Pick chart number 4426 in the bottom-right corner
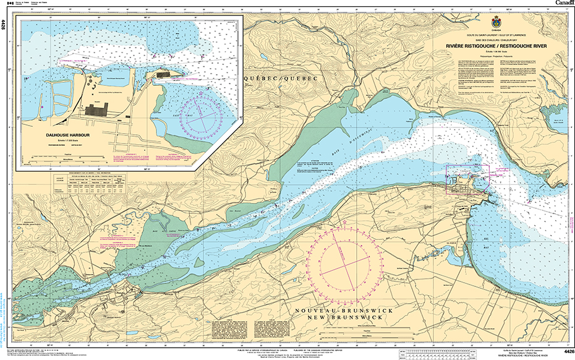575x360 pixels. click(568, 351)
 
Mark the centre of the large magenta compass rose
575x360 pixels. click(347, 260)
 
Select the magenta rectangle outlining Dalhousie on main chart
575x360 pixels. click(467, 180)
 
